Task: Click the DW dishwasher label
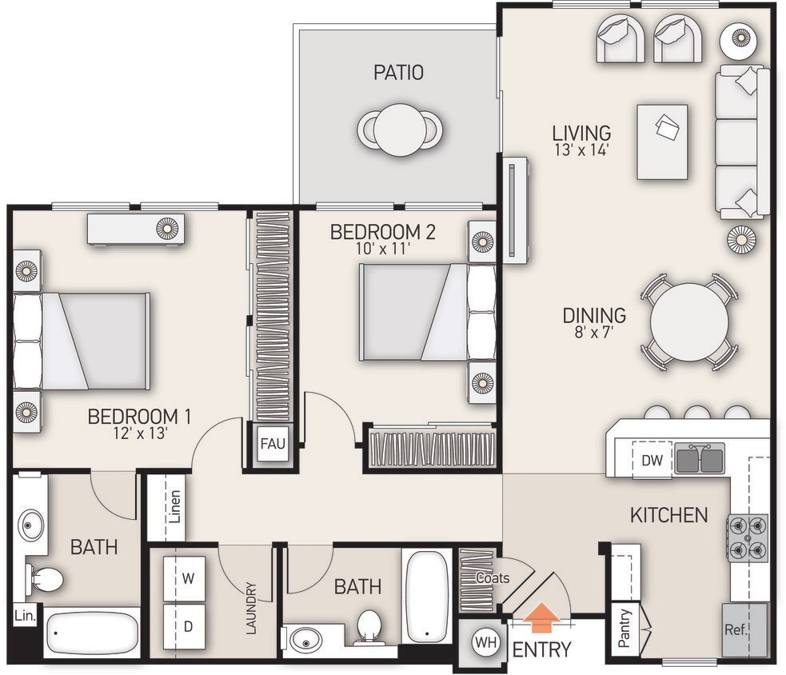pos(651,460)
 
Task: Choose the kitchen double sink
pos(700,458)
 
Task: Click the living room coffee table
pos(662,142)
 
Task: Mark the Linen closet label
pos(175,507)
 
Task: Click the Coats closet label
pos(493,577)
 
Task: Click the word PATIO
pos(398,73)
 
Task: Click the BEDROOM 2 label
pos(383,232)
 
